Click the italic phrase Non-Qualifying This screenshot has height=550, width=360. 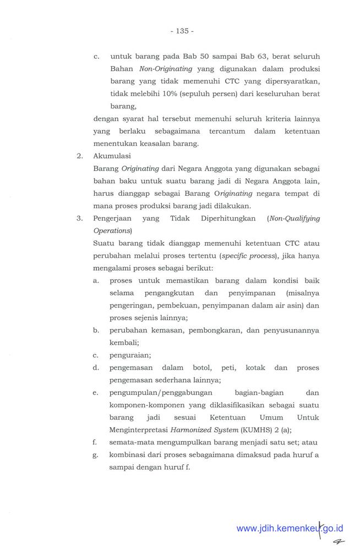[293, 218]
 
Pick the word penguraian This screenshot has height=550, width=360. [130, 355]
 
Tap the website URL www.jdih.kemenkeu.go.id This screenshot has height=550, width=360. [290, 529]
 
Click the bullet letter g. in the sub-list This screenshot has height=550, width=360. [96, 455]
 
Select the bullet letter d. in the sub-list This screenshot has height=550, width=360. [96, 368]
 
